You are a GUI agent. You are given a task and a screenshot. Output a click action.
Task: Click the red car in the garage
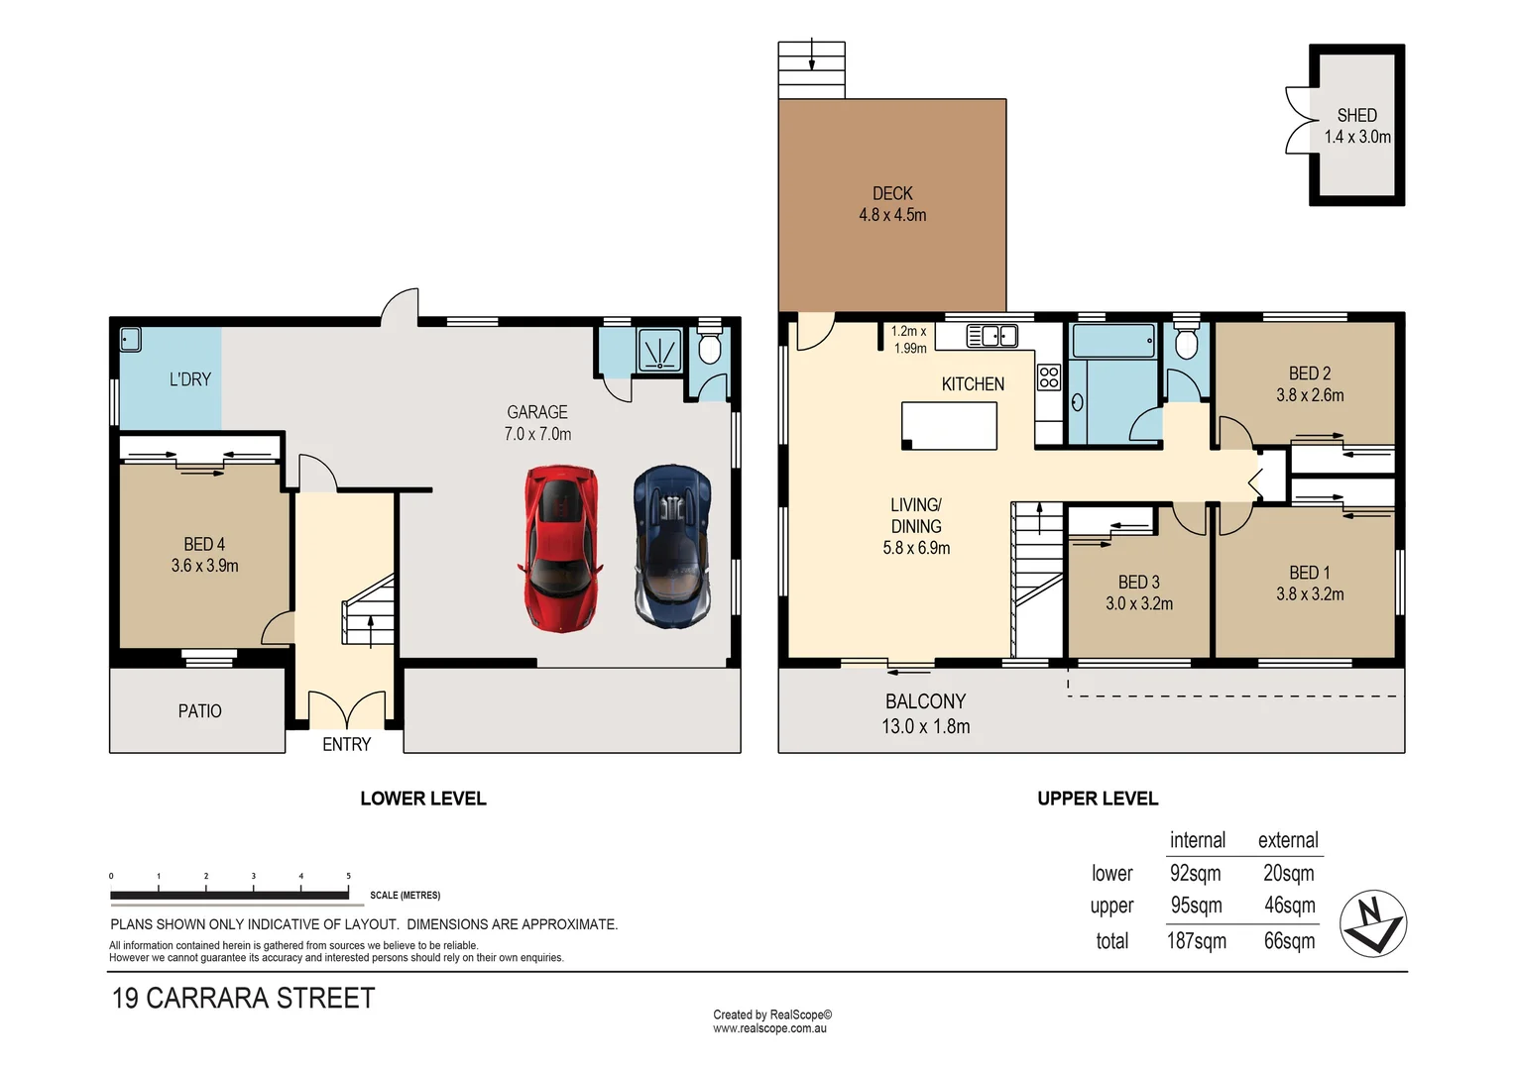pyautogui.click(x=561, y=548)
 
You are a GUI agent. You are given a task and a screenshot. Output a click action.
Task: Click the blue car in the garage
pyautogui.click(x=673, y=546)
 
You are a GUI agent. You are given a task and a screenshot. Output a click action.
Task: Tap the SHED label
pyautogui.click(x=1356, y=115)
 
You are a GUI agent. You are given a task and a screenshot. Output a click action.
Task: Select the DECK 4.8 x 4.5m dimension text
pyautogui.click(x=892, y=215)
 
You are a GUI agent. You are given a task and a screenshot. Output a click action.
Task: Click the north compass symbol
pyautogui.click(x=1373, y=923)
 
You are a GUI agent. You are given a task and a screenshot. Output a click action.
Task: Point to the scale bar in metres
pyautogui.click(x=230, y=895)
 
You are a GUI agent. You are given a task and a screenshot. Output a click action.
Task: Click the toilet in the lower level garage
pyautogui.click(x=709, y=348)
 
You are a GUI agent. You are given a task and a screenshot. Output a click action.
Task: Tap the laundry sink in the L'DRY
pyautogui.click(x=131, y=340)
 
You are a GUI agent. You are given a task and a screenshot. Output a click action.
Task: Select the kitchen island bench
pyautogui.click(x=949, y=426)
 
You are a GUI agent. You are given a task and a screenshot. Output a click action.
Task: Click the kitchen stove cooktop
pyautogui.click(x=1049, y=377)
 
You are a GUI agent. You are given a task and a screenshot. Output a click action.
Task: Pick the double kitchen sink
pyautogui.click(x=991, y=337)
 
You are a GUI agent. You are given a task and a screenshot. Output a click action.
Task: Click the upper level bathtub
pyautogui.click(x=1113, y=341)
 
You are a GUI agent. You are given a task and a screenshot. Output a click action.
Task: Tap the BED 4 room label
pyautogui.click(x=204, y=544)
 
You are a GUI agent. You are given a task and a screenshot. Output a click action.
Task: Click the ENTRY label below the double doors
pyautogui.click(x=346, y=744)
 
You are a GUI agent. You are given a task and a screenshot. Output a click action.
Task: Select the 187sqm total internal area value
pyautogui.click(x=1196, y=941)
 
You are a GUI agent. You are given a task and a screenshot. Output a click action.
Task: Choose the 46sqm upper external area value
pyautogui.click(x=1289, y=906)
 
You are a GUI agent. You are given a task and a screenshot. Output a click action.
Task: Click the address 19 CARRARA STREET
pyautogui.click(x=244, y=998)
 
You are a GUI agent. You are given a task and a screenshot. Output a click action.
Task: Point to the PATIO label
pyautogui.click(x=199, y=711)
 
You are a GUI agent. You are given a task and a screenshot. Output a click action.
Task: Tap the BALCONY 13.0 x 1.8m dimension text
pyautogui.click(x=925, y=726)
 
